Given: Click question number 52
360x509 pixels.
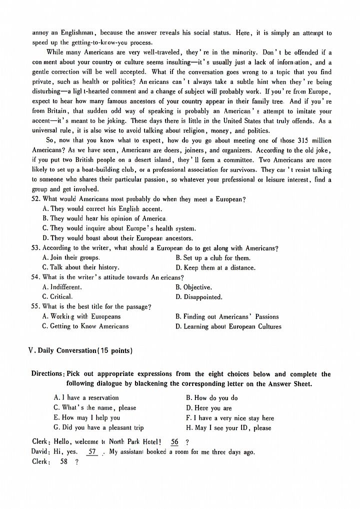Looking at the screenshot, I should (x=35, y=199).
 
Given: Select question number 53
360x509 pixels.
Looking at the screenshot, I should (x=35, y=248).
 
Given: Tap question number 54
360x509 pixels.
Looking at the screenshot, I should (x=35, y=277).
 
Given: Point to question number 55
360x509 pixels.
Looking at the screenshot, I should (x=35, y=306).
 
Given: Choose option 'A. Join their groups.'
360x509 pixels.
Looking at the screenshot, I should (x=71, y=258).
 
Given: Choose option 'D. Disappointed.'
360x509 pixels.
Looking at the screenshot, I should (x=198, y=297).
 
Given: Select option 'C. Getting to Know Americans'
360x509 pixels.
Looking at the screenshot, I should (x=85, y=326).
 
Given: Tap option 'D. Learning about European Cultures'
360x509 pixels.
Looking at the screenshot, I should (x=228, y=326).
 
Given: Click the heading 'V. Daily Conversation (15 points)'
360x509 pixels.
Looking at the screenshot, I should (x=80, y=351).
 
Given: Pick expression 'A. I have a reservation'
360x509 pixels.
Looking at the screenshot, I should (x=86, y=398).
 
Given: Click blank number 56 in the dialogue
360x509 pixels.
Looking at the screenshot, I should (x=174, y=442).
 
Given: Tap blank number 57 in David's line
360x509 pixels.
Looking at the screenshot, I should (x=92, y=452).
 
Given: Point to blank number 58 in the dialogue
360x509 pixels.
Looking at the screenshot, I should (x=63, y=462).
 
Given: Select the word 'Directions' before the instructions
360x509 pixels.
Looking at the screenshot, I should (x=47, y=374).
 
